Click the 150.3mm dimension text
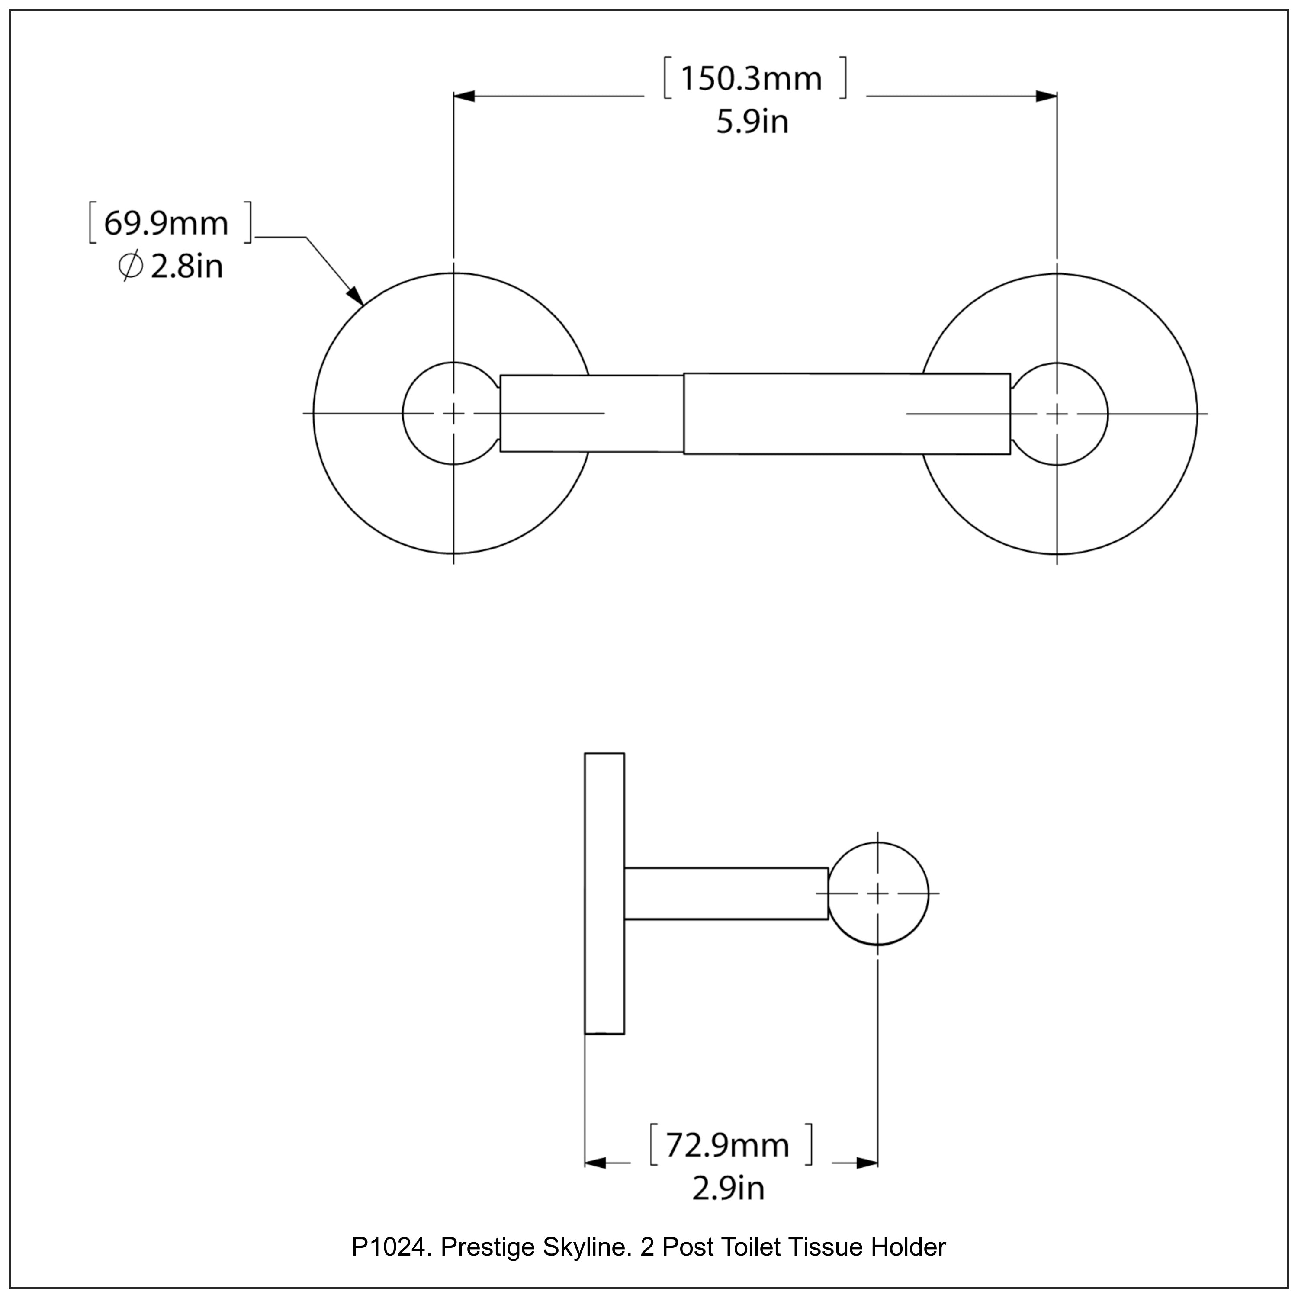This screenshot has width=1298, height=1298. [x=751, y=79]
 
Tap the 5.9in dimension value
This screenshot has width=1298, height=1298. [x=752, y=122]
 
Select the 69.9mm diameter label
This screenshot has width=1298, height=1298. [x=167, y=223]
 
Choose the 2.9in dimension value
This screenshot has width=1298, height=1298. [x=728, y=1188]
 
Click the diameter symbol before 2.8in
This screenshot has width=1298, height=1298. [x=130, y=267]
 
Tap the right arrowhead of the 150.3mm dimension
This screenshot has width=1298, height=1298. [x=1046, y=96]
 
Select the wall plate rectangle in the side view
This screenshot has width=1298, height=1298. [x=604, y=893]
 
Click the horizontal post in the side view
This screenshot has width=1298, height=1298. [x=726, y=893]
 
